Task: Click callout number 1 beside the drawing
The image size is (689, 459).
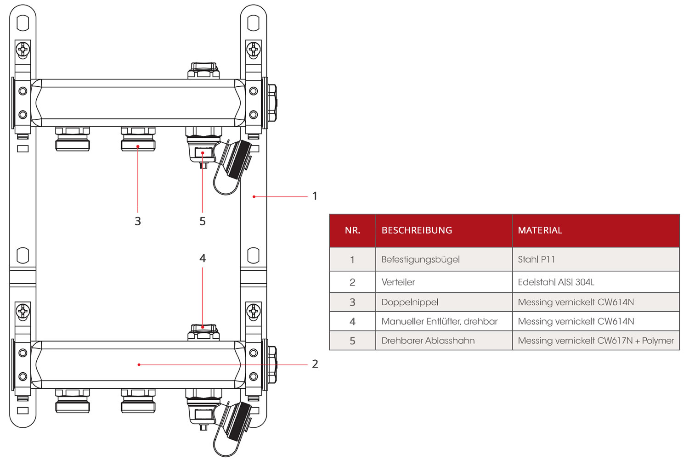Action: click(x=315, y=196)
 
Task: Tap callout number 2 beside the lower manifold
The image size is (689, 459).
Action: click(x=315, y=364)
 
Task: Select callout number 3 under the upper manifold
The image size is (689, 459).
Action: click(x=138, y=221)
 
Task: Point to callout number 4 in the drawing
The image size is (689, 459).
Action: click(x=203, y=258)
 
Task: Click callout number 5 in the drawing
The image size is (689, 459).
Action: click(x=203, y=221)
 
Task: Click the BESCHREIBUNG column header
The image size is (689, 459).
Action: click(x=417, y=230)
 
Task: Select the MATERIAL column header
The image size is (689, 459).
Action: click(x=540, y=230)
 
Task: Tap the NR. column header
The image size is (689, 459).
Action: click(x=352, y=230)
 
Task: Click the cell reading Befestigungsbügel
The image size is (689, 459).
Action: click(x=420, y=259)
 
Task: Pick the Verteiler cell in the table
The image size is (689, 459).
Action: click(x=398, y=282)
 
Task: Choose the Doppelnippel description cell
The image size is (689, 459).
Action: click(x=410, y=302)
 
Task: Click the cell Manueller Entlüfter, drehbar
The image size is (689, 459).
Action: click(x=439, y=322)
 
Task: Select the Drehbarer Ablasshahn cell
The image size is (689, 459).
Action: click(x=428, y=341)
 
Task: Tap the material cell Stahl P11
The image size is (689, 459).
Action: click(x=536, y=259)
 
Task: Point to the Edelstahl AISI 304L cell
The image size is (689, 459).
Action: click(x=556, y=282)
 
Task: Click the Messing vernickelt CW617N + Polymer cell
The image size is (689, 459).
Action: click(x=596, y=341)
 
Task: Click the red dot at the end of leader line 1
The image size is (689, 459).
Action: click(x=254, y=196)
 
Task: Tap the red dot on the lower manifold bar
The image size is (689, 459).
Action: click(x=139, y=364)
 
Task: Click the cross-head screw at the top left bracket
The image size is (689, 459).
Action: click(x=23, y=49)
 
